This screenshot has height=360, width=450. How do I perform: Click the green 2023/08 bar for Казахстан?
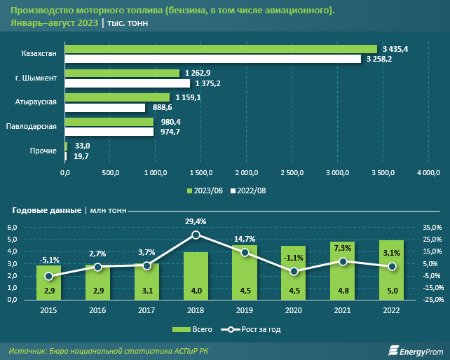click(221, 49)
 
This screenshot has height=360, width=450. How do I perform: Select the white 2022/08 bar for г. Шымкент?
click(128, 83)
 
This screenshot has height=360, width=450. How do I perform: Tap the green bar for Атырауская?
click(117, 97)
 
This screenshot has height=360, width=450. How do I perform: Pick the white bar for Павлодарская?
click(109, 132)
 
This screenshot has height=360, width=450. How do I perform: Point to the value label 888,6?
click(163, 108)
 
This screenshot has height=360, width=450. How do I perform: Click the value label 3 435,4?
click(395, 49)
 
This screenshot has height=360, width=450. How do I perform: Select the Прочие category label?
click(43, 151)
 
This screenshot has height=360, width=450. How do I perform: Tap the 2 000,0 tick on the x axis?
click(247, 173)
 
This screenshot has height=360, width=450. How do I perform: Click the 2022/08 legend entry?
click(248, 191)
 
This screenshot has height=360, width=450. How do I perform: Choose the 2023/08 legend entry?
click(205, 191)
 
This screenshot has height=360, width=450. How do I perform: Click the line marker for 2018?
click(196, 235)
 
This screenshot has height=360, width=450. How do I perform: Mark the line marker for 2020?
click(294, 271)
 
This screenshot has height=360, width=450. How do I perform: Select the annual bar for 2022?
click(391, 270)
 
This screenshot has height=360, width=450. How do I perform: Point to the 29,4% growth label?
click(196, 221)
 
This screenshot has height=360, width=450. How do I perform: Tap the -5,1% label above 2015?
click(50, 260)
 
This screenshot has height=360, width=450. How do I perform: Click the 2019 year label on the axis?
click(245, 310)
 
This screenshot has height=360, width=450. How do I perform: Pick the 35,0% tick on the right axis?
click(432, 228)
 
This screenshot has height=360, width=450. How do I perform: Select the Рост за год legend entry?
click(251, 330)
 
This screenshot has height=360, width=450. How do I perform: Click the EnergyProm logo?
click(416, 351)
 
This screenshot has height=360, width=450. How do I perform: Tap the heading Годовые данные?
click(47, 211)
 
